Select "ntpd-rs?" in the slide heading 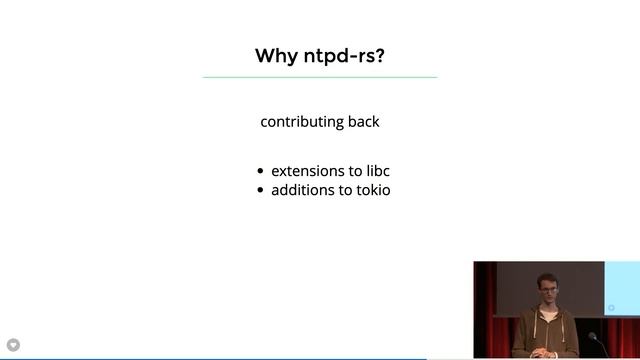coord(344,55)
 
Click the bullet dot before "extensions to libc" coord(261,172)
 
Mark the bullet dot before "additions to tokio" coord(261,190)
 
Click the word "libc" coord(377,171)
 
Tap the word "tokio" coord(370,189)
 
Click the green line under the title coord(320,77)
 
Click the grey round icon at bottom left coord(13,345)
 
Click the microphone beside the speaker coord(593,338)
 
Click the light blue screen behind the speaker coord(622,285)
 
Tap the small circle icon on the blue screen coord(612,308)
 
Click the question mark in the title coord(380,55)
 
